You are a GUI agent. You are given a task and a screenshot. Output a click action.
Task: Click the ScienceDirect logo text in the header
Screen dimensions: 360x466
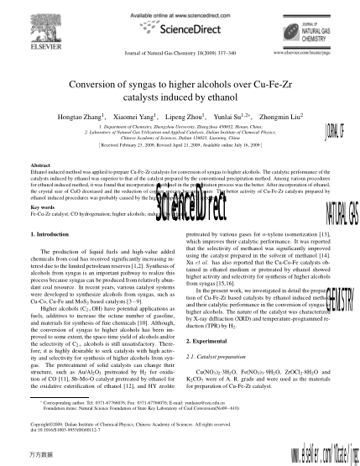tap(178, 27)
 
